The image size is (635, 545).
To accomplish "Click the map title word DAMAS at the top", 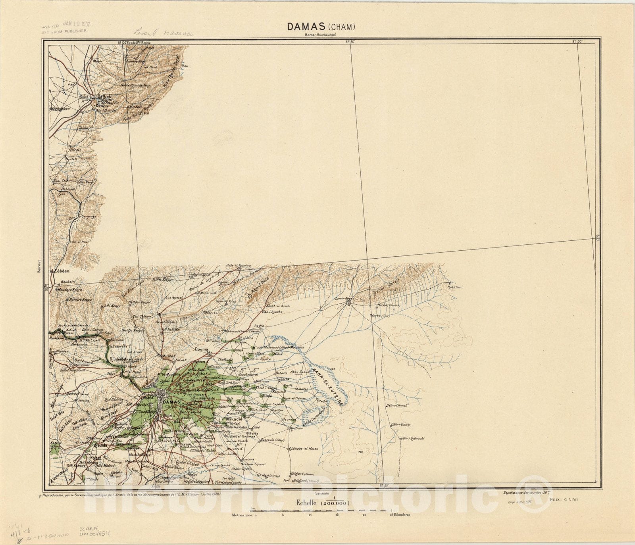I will pos(307,27).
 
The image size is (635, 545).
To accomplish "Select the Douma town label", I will pos(201,349).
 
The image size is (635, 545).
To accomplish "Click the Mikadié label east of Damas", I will pos(234,419).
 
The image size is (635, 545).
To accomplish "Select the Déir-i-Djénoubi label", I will pos(412,438).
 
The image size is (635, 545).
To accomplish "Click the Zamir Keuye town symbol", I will pos(348,303).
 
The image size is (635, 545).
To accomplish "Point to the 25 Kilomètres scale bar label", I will pos(400,515).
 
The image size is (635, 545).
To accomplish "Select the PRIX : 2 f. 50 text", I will pos(564,499).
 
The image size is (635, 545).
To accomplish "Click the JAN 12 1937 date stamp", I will pos(77,24).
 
